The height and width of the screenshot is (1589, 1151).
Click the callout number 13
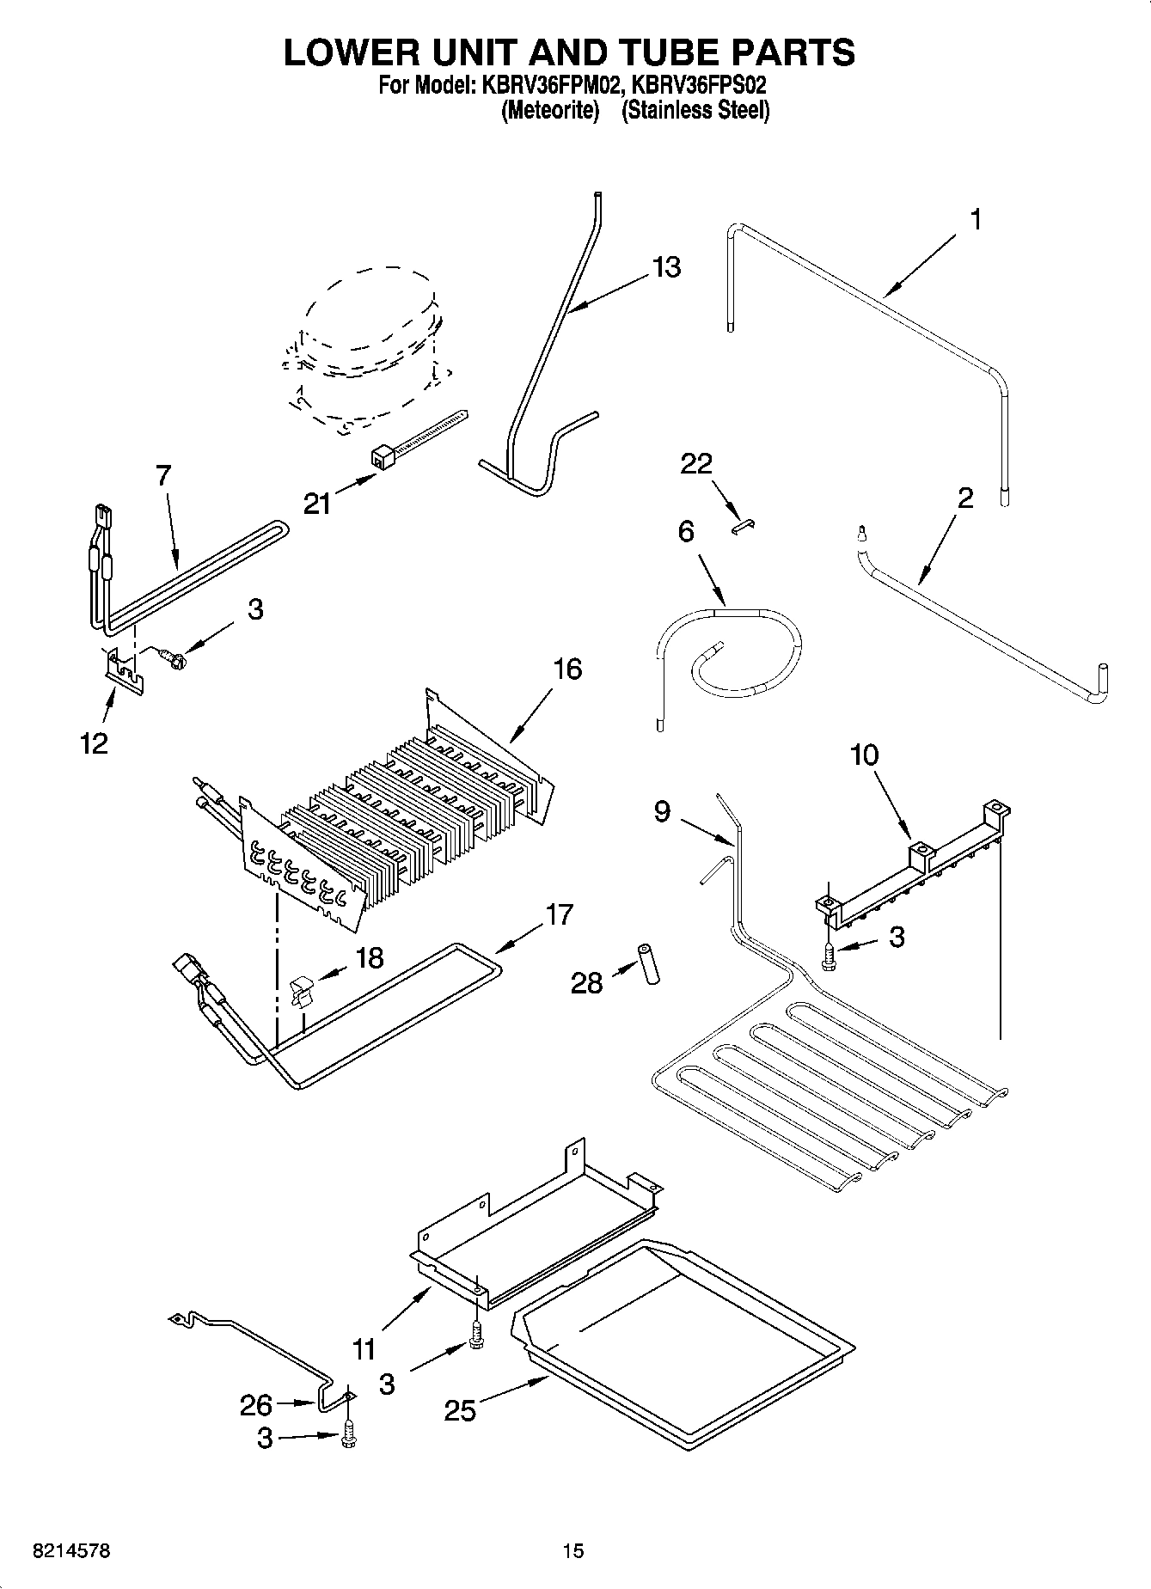pyautogui.click(x=665, y=267)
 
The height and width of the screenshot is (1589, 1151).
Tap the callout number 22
pyautogui.click(x=696, y=464)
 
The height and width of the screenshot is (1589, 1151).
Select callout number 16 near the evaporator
pyautogui.click(x=567, y=669)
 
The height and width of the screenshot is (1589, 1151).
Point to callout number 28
pyautogui.click(x=587, y=982)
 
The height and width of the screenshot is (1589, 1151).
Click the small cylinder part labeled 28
pyautogui.click(x=649, y=965)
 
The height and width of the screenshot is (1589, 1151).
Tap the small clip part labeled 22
pyautogui.click(x=743, y=527)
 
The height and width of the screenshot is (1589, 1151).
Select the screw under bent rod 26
pyautogui.click(x=347, y=1433)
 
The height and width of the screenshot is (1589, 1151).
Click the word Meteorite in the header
pyautogui.click(x=549, y=111)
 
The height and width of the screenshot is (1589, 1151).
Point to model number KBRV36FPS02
pyautogui.click(x=695, y=86)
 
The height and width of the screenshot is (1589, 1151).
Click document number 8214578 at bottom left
pyautogui.click(x=71, y=1551)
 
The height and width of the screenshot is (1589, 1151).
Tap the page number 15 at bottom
pyautogui.click(x=572, y=1551)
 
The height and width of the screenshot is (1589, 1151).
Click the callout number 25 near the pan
pyautogui.click(x=460, y=1410)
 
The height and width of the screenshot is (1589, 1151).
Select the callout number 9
pyautogui.click(x=662, y=811)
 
